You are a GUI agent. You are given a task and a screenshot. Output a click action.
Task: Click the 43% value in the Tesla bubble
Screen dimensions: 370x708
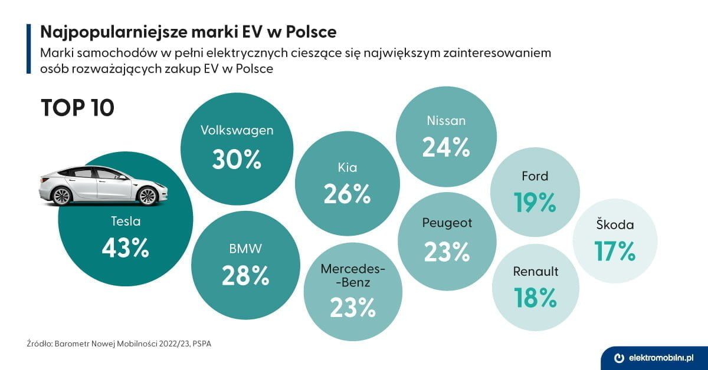click(x=125, y=249)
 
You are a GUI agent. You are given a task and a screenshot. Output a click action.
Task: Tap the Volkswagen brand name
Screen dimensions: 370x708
click(x=237, y=130)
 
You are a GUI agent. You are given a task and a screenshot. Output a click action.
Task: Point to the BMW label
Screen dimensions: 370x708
click(x=245, y=249)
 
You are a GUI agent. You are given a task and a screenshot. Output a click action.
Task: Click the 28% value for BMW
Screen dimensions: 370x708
click(x=245, y=275)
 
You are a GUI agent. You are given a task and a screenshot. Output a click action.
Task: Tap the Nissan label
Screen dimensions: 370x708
click(x=446, y=121)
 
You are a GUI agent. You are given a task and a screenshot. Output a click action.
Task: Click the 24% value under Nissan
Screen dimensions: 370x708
click(x=446, y=147)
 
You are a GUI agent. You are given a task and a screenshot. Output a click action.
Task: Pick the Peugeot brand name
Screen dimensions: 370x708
click(x=447, y=223)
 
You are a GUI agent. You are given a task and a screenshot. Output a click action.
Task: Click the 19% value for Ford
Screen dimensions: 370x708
click(x=535, y=203)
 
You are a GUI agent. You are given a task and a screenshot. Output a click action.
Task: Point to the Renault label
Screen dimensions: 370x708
click(x=535, y=272)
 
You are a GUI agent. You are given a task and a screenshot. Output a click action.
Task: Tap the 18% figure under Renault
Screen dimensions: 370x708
click(x=535, y=298)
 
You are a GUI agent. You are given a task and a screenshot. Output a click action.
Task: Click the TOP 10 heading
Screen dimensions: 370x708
click(x=77, y=108)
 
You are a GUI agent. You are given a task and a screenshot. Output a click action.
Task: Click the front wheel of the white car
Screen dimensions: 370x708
click(x=147, y=196)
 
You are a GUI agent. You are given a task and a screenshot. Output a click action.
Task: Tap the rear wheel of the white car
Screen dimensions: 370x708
click(x=62, y=195)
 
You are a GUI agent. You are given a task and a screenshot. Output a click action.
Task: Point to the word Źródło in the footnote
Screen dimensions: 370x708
click(x=39, y=342)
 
